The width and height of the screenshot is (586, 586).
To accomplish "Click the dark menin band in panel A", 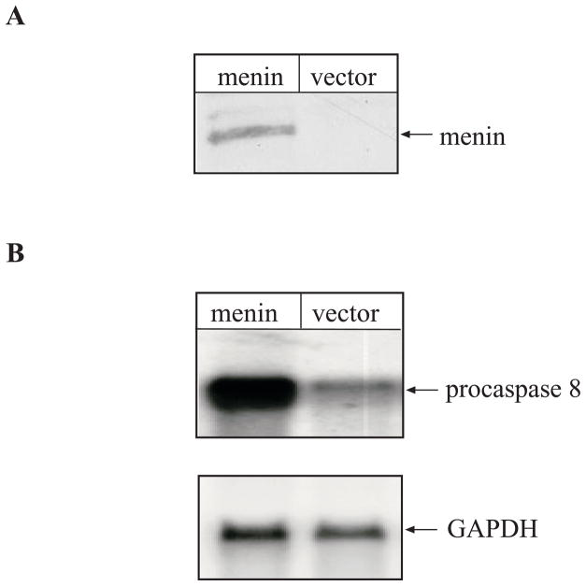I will click(247, 136).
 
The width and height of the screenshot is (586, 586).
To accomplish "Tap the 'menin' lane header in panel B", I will click(247, 314).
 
